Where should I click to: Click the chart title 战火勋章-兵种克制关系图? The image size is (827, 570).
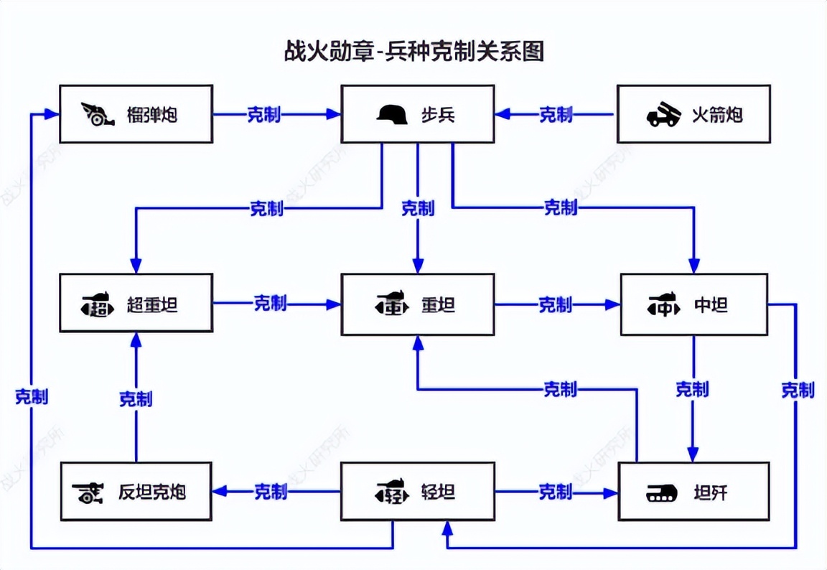click(x=413, y=52)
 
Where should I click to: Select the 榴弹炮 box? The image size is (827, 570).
click(x=136, y=113)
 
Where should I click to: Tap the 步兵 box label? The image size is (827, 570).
click(x=438, y=114)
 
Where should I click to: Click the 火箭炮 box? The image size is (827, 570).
click(x=693, y=113)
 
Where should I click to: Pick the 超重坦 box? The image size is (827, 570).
click(x=136, y=303)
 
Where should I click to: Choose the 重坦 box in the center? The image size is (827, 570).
click(x=418, y=304)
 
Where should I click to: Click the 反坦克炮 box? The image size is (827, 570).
click(x=136, y=492)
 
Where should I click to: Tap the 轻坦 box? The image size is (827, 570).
click(x=418, y=492)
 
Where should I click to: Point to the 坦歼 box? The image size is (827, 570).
click(x=693, y=492)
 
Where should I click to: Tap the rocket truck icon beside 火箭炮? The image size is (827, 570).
click(x=663, y=114)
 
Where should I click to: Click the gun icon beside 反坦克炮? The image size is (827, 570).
click(x=89, y=492)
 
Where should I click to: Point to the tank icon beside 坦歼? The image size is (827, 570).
click(x=662, y=492)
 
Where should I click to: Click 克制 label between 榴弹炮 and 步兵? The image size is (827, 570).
click(x=263, y=114)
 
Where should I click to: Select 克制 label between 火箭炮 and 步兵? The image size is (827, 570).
click(x=556, y=114)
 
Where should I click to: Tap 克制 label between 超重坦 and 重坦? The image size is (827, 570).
click(x=270, y=303)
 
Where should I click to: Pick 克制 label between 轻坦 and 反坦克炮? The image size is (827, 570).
click(x=271, y=492)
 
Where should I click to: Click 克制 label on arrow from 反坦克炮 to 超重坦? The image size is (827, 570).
click(x=136, y=398)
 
